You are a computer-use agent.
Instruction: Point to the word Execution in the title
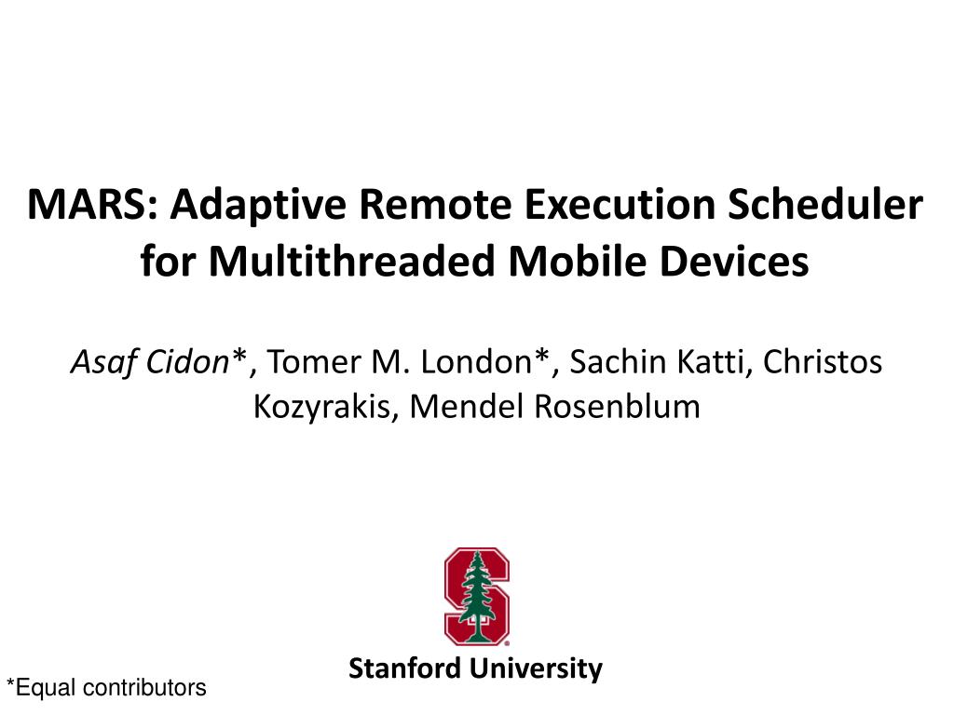[x=620, y=204]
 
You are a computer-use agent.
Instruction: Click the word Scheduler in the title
[x=825, y=204]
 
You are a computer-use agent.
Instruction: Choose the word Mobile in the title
[x=577, y=262]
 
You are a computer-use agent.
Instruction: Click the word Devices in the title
[x=734, y=262]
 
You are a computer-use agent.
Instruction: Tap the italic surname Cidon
[x=186, y=362]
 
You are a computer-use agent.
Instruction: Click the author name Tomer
[x=314, y=362]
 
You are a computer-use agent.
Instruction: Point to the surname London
[x=476, y=362]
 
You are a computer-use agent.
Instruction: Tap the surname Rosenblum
[x=617, y=406]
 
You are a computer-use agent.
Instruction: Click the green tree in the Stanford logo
[x=476, y=597]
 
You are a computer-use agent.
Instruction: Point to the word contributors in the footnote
[x=144, y=688]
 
